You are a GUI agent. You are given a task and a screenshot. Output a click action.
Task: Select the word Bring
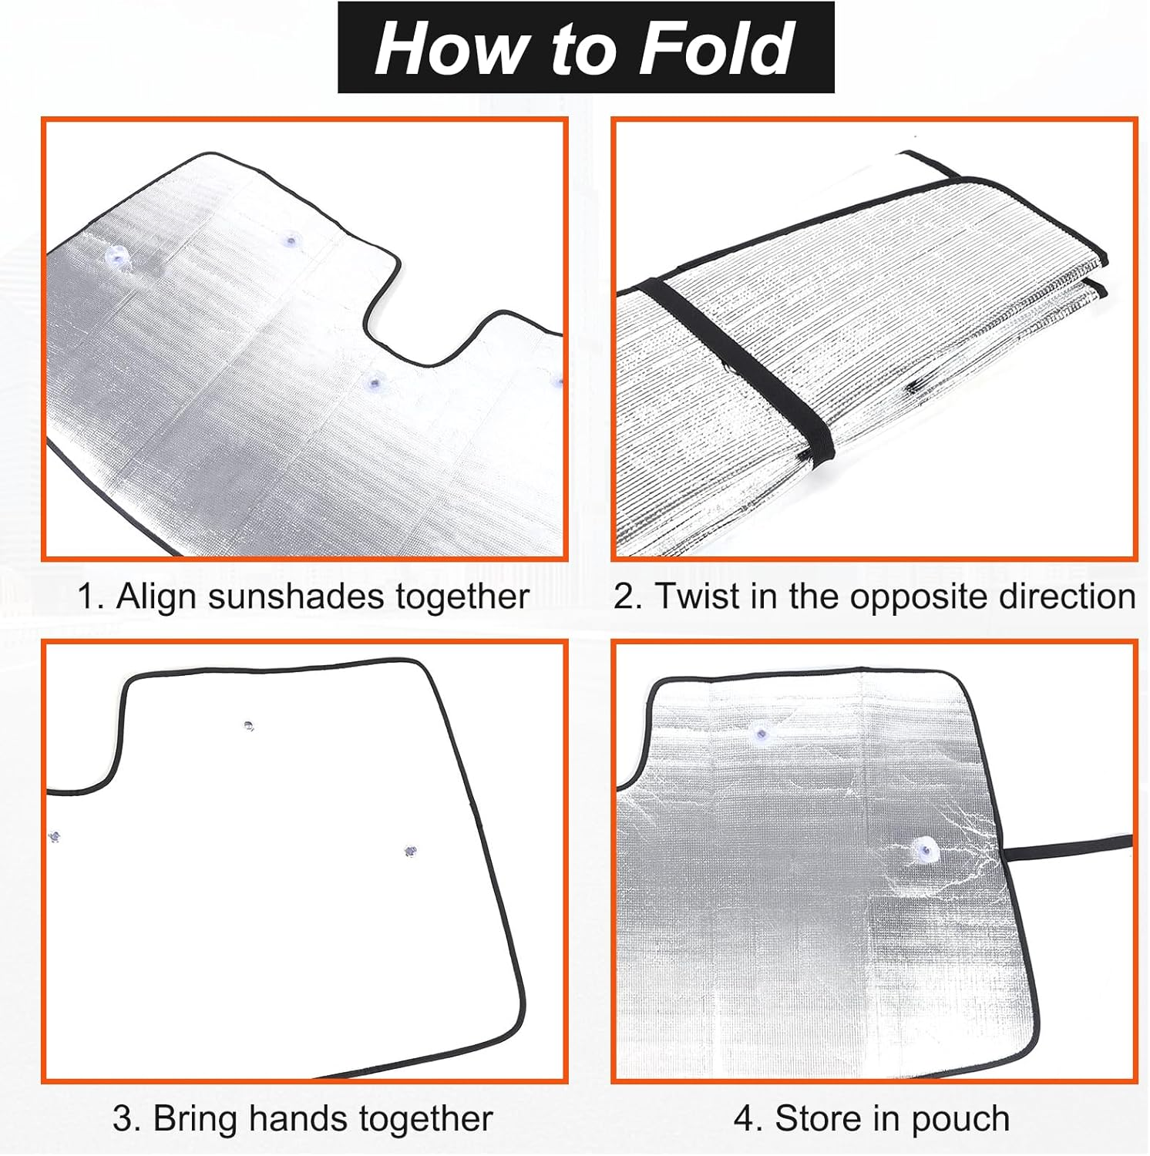(196, 1118)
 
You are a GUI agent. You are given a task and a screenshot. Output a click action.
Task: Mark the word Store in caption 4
(819, 1118)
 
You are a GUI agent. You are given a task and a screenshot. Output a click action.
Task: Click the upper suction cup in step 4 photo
(763, 732)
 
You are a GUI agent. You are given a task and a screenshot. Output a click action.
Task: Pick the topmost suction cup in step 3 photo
(248, 726)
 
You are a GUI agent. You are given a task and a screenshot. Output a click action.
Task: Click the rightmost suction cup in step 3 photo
(410, 852)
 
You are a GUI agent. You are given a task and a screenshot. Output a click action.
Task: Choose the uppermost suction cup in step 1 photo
(291, 240)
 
